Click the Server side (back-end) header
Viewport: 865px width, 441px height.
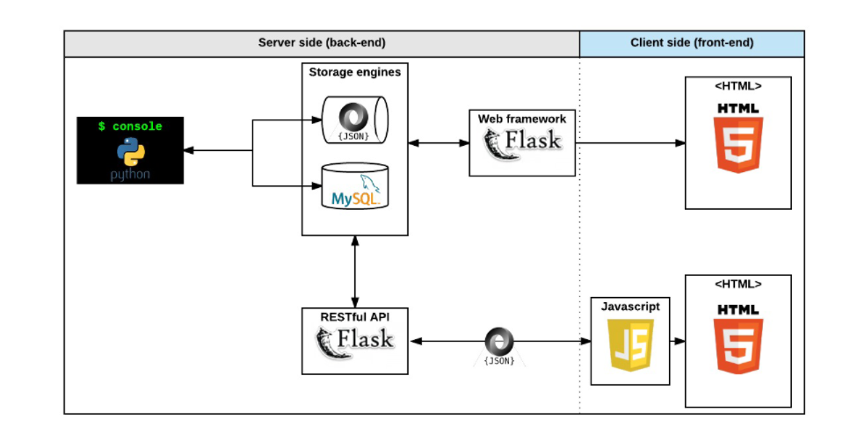[x=321, y=43]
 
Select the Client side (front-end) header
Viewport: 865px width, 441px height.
[x=692, y=43]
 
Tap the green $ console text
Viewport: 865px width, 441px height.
[x=130, y=127]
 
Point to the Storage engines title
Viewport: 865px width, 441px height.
[x=354, y=72]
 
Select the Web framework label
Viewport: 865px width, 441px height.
[x=522, y=119]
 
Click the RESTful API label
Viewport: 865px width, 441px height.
[x=354, y=315]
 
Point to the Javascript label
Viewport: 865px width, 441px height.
[x=630, y=307]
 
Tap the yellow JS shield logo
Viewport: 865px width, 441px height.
[x=630, y=345]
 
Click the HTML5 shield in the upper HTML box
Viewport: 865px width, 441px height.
[x=738, y=141]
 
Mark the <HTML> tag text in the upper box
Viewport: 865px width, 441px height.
[x=738, y=86]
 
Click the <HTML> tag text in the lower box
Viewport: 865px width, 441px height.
[x=738, y=285]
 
